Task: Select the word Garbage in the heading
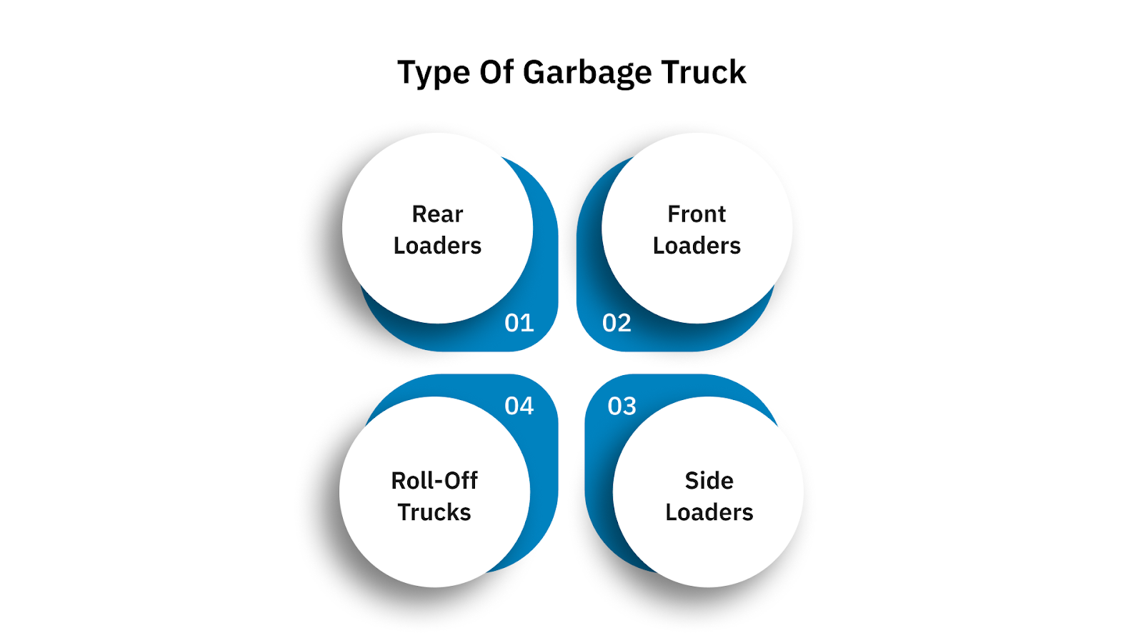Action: tap(587, 74)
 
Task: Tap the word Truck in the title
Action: tap(704, 72)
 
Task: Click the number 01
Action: tap(519, 323)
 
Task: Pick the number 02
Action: tap(617, 323)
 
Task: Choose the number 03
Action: tap(622, 406)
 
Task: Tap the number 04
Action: tap(519, 406)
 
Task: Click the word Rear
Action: tap(437, 214)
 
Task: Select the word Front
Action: tap(697, 214)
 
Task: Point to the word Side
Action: tap(709, 480)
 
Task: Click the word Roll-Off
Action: tap(434, 480)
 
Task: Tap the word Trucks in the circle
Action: tap(434, 512)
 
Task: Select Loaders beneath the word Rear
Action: tap(437, 245)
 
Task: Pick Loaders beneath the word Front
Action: tap(697, 245)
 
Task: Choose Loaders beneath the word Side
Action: tap(709, 512)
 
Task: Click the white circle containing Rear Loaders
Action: tap(437, 279)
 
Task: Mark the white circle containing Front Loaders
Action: tap(697, 279)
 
